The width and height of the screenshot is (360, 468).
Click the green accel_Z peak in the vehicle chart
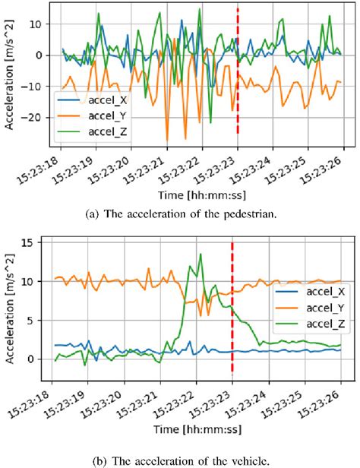[200, 255]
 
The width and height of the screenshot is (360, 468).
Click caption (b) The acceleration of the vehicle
[180, 459]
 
